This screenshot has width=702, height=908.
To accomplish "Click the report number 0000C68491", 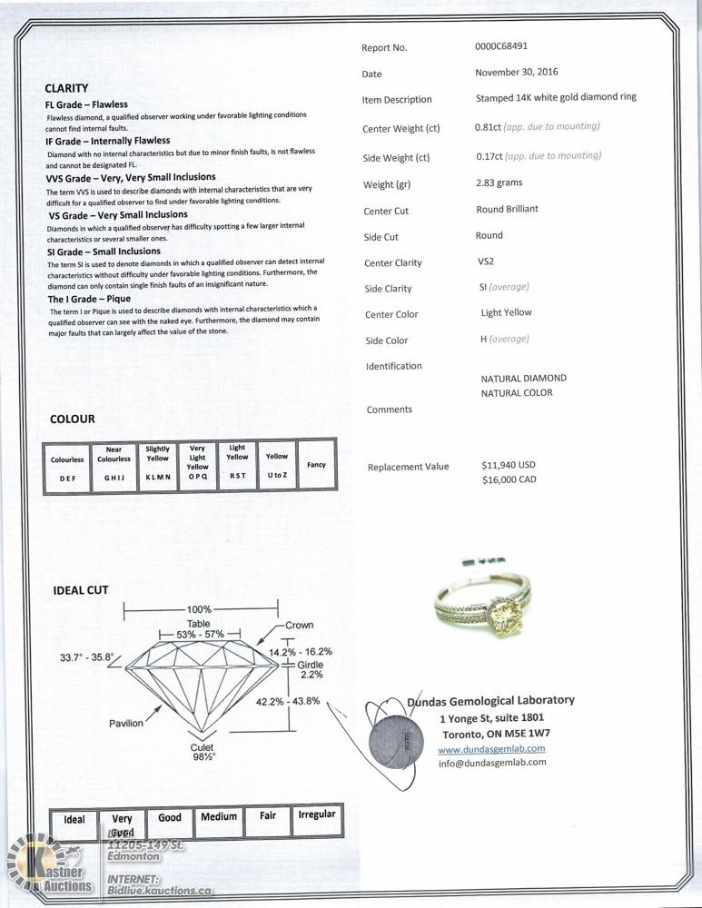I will pos(501,46).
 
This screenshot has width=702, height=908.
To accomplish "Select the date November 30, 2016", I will pos(517,73).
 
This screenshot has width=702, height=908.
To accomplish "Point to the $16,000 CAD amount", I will pos(509,479).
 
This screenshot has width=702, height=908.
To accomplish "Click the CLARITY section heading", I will pos(66,89).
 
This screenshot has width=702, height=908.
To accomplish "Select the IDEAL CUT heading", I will pos(81,590).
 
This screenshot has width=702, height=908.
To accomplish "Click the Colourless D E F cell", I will pos(67,467).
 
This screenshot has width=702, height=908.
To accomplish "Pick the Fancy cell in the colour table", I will pos(316,465).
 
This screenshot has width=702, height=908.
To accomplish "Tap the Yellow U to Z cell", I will pos(277,465).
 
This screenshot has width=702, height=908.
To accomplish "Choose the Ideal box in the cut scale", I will pos(74,819).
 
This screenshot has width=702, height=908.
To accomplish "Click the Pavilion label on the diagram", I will pos(126,724).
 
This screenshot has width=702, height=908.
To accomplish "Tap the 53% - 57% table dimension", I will pos(199,635).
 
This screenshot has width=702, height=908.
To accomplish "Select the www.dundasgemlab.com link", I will pos(491,749).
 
